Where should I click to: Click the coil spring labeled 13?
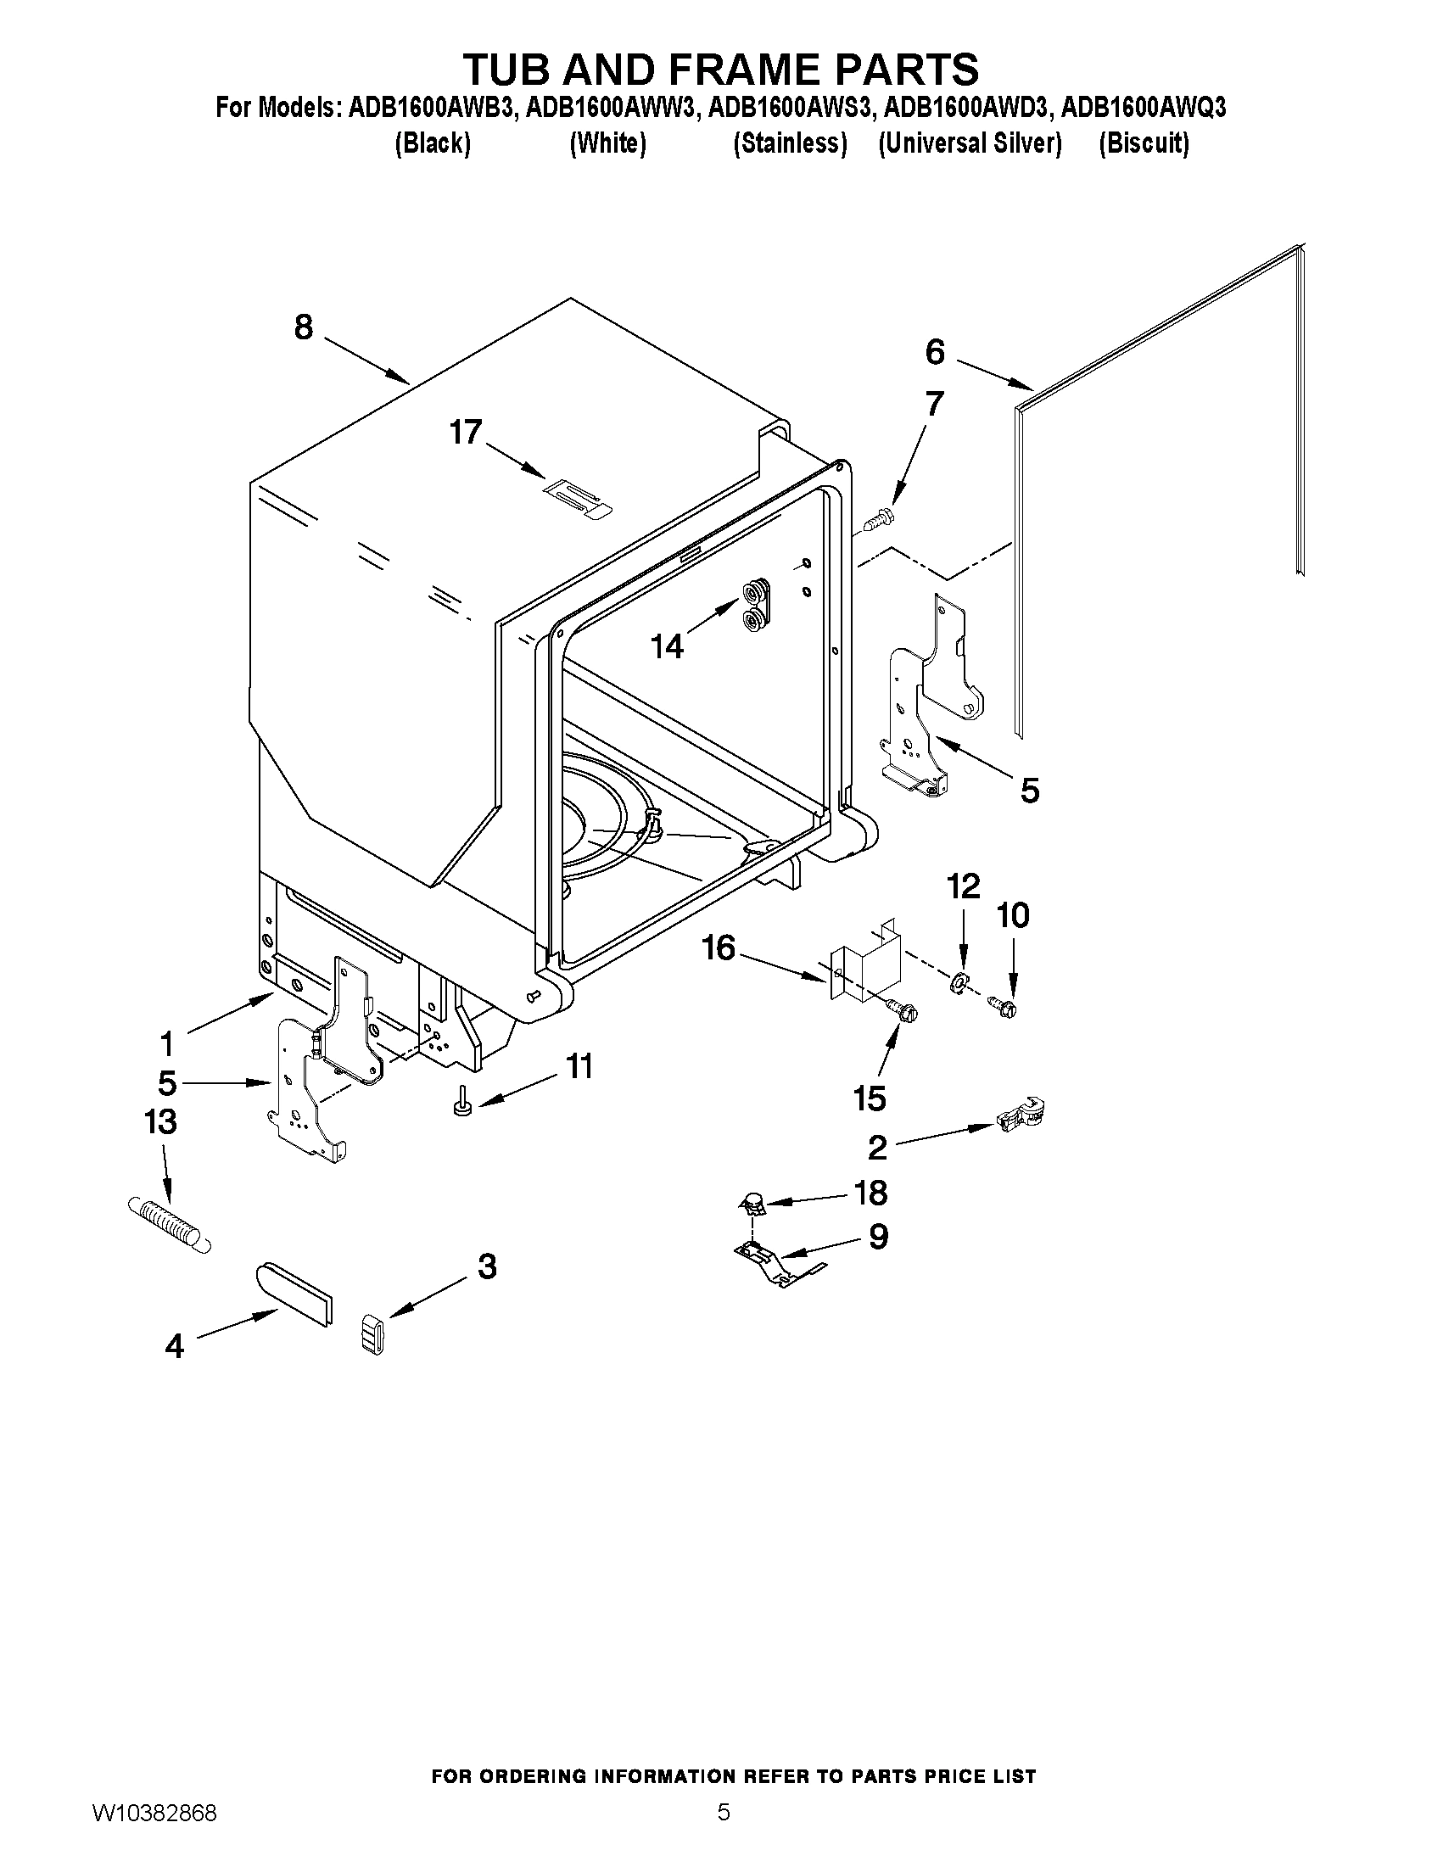pyautogui.click(x=169, y=1224)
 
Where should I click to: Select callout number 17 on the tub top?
pyautogui.click(x=466, y=433)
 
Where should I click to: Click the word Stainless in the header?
pyautogui.click(x=790, y=143)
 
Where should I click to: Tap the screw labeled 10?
pyautogui.click(x=1004, y=1007)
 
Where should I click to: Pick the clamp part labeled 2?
pyautogui.click(x=1022, y=1114)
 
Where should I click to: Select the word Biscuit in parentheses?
pyautogui.click(x=1143, y=143)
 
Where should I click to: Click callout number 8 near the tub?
pyautogui.click(x=304, y=327)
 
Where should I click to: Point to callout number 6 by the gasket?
pyautogui.click(x=935, y=352)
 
